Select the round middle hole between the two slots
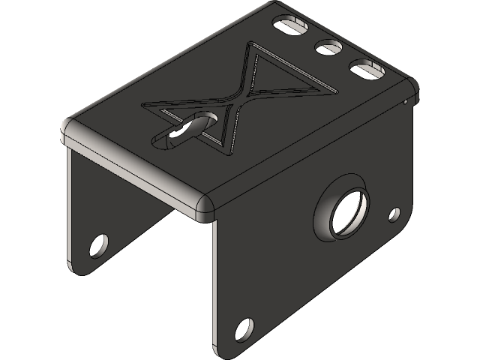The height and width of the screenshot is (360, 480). click(328, 48)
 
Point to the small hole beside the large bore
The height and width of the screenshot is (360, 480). click(394, 214)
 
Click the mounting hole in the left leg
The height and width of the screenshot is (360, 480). click(98, 244)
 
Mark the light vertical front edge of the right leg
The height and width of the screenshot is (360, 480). click(214, 285)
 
